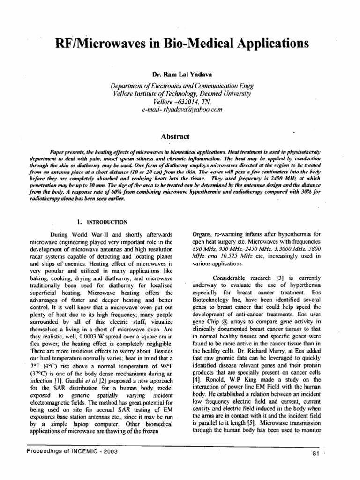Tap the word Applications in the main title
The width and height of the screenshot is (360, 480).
tap(269, 44)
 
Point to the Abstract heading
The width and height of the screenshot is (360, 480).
tap(175, 136)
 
